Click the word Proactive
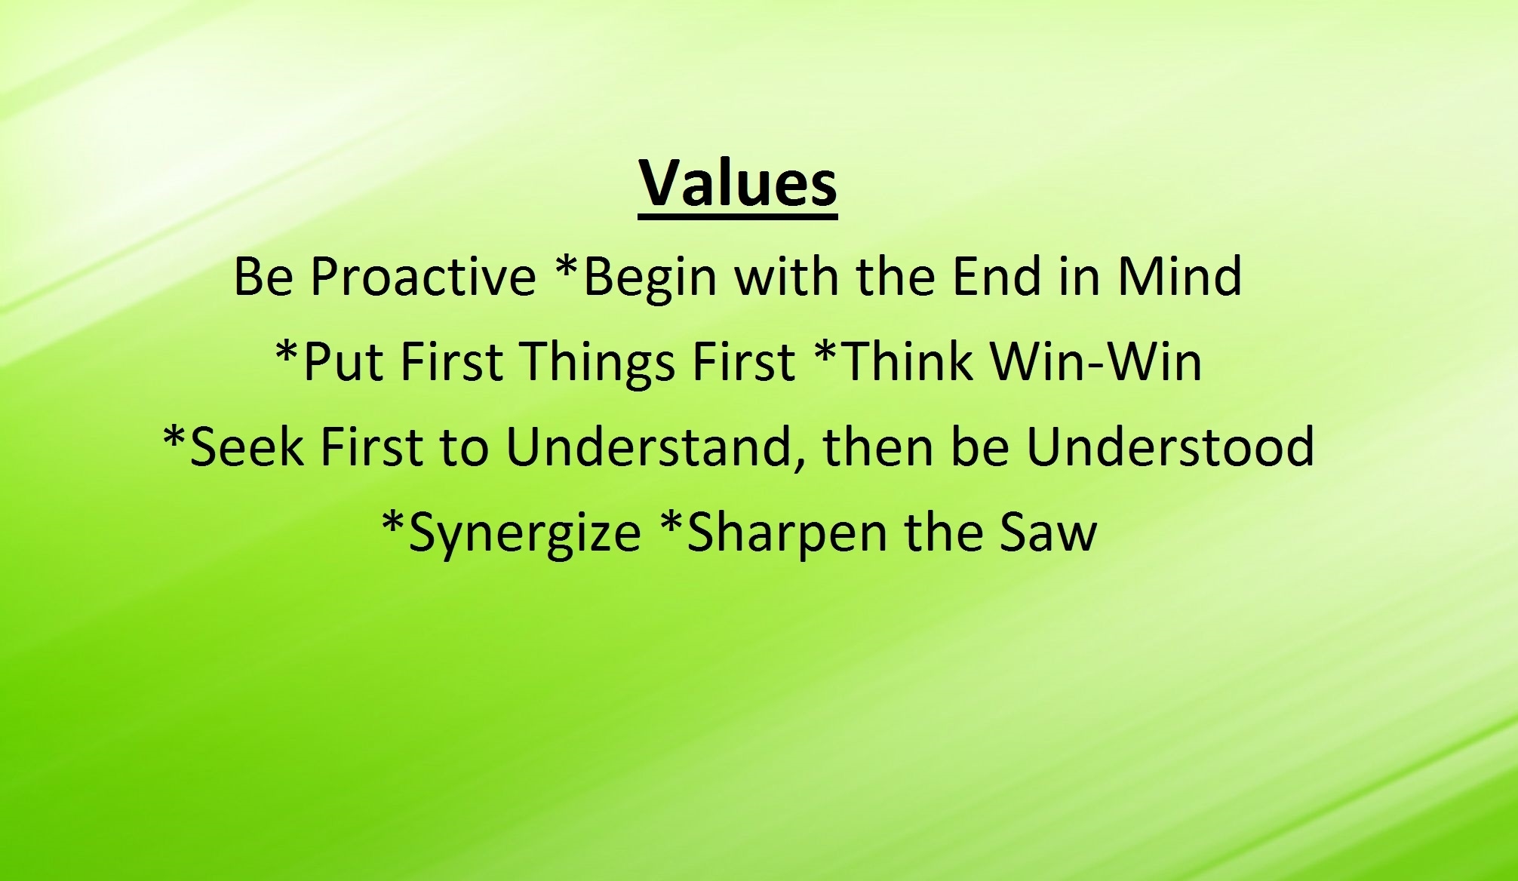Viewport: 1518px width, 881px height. tap(423, 276)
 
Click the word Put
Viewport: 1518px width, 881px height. tap(345, 361)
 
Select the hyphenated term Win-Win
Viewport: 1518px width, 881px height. tap(1095, 361)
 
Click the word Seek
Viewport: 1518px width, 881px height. tap(248, 446)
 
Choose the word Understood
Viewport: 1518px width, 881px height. tap(1170, 446)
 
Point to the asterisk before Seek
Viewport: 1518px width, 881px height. tap(175, 436)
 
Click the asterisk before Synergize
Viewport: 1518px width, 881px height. tap(395, 522)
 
